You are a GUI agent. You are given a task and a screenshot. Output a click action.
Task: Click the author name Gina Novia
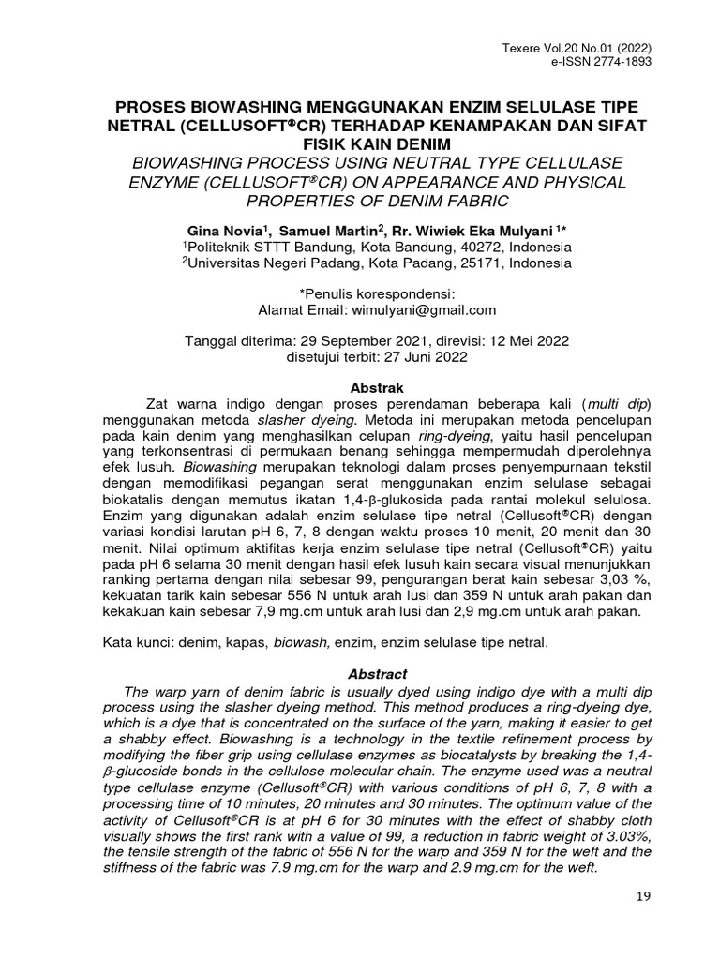[222, 230]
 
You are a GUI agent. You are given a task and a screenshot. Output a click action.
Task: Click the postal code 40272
[466, 247]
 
